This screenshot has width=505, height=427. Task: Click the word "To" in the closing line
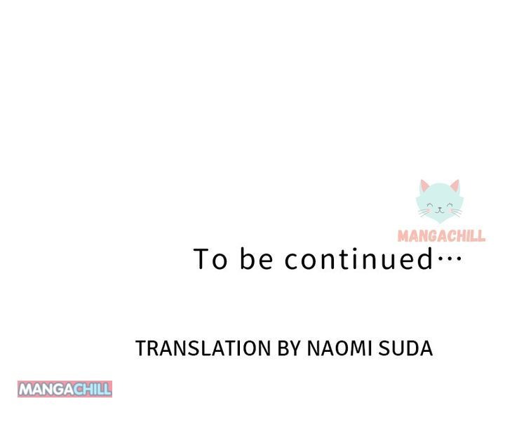tap(210, 258)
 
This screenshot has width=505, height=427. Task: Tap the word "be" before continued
tap(257, 258)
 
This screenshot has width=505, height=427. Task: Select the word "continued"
tap(359, 258)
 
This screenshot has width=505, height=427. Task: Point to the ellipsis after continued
tap(450, 257)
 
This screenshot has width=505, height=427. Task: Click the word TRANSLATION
tap(203, 348)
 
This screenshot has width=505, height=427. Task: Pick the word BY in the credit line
tap(289, 348)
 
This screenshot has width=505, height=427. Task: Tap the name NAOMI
tap(339, 348)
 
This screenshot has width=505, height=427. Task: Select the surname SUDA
tap(405, 348)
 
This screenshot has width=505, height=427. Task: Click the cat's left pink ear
tap(424, 185)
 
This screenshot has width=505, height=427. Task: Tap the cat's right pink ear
tap(455, 185)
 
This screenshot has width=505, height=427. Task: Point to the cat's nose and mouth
tap(440, 210)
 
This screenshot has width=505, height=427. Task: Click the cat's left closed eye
tap(430, 204)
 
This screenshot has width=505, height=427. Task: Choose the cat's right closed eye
tap(450, 204)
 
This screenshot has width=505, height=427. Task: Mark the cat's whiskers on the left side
tap(424, 212)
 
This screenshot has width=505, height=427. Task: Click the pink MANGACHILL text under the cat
tap(442, 236)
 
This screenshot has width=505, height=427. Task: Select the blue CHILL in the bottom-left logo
tap(93, 389)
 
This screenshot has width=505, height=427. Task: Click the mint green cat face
tap(440, 202)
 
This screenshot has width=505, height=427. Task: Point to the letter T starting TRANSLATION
tap(141, 348)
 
